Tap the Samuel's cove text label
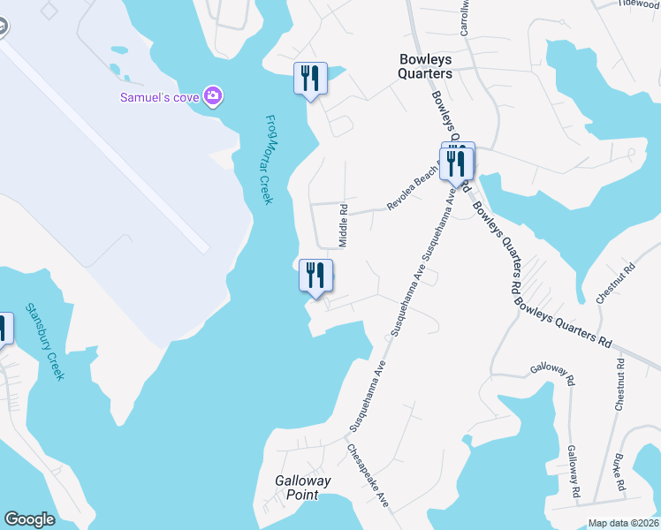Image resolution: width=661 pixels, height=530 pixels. [159, 96]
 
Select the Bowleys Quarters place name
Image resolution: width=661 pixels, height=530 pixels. [425, 66]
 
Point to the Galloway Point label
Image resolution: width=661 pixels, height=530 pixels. [302, 488]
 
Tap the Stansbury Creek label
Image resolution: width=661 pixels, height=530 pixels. [45, 342]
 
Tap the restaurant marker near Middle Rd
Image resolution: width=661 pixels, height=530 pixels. [315, 276]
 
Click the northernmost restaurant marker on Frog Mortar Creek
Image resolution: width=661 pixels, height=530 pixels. [310, 79]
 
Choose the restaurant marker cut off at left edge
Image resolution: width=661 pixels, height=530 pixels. [4, 329]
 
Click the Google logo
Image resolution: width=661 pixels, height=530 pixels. [29, 519]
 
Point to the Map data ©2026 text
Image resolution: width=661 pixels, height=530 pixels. [622, 523]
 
